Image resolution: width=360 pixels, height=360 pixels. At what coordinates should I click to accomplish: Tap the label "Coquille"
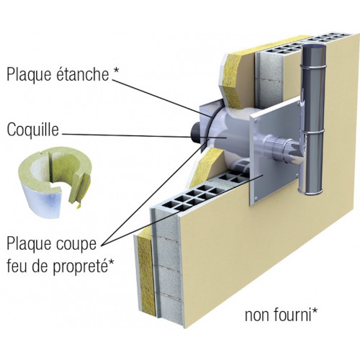coord(33,130)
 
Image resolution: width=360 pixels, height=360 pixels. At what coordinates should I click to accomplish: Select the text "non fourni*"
coord(281,315)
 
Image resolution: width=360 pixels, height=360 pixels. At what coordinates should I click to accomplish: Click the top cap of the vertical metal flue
coord(315,47)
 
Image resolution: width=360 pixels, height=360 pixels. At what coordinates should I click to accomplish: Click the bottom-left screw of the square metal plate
coord(256,198)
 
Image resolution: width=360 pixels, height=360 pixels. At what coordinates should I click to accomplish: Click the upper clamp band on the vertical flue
coord(315,66)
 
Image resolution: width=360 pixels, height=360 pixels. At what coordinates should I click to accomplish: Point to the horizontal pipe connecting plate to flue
coord(281,147)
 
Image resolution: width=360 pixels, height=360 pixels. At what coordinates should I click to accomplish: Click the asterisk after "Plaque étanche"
coord(115,70)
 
